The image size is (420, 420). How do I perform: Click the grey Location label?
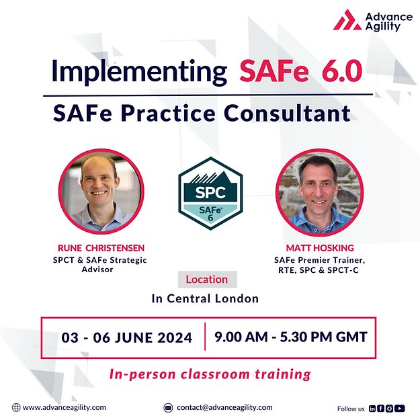[206, 279]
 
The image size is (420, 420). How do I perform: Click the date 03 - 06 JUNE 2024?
[126, 337]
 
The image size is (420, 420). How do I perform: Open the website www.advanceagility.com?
[65, 407]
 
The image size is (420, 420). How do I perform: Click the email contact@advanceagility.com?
[224, 407]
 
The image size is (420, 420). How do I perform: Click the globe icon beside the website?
[16, 407]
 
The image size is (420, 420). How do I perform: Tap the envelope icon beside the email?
[169, 407]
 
